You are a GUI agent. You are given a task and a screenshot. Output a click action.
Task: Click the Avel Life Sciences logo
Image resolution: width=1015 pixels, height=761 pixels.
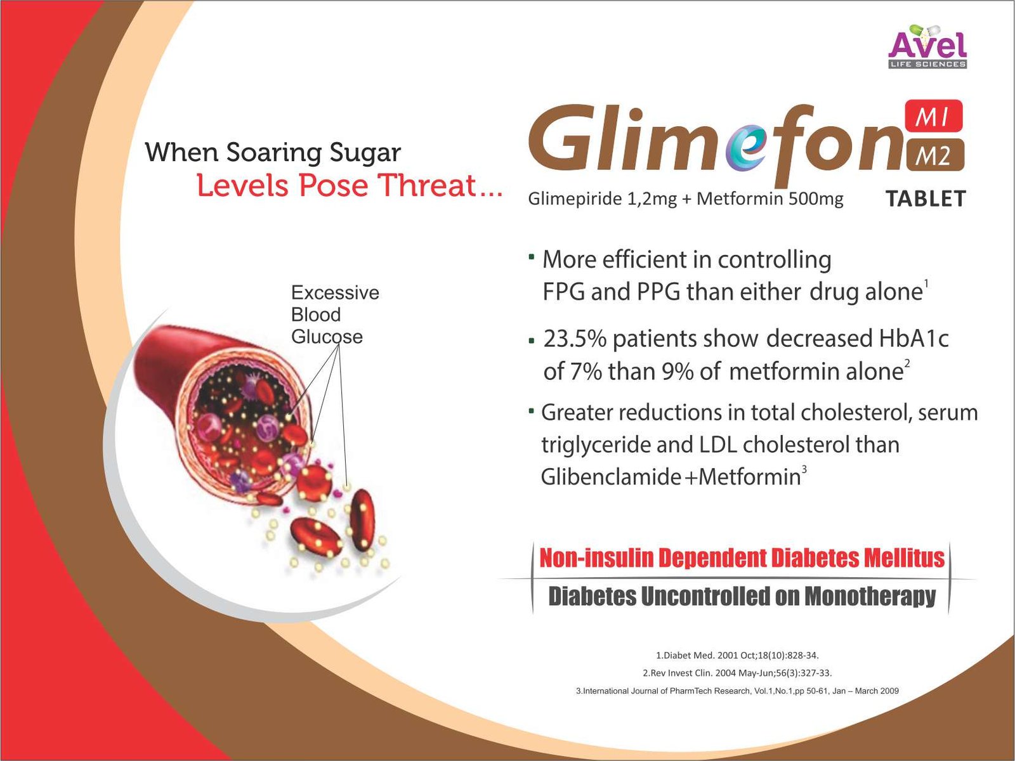927,47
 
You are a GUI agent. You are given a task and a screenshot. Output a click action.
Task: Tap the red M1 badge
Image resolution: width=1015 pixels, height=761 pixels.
933,116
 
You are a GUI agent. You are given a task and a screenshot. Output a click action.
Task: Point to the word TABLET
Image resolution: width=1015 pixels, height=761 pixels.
926,199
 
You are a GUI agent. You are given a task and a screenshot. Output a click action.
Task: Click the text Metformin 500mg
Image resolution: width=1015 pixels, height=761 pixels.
770,199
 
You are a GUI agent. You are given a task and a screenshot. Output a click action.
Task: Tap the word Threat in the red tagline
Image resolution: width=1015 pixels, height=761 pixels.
433,186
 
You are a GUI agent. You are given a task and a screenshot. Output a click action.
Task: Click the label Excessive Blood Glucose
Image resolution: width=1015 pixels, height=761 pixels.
335,315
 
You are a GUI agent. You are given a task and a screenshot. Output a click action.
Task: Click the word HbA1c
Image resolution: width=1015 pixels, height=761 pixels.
914,339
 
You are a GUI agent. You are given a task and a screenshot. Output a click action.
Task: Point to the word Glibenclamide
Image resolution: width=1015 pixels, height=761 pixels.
610,477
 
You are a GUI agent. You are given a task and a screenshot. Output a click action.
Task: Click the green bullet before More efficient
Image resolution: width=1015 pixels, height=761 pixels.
532,255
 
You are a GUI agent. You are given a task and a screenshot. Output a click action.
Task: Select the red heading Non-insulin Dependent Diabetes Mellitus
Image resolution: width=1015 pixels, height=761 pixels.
742,558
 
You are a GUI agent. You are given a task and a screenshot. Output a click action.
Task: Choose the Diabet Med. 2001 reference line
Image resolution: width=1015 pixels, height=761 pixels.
738,655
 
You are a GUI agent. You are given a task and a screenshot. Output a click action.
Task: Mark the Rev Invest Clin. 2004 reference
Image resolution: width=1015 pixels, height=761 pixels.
737,673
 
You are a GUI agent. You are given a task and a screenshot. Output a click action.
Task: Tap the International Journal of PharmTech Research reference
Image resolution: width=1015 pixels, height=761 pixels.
737,691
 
